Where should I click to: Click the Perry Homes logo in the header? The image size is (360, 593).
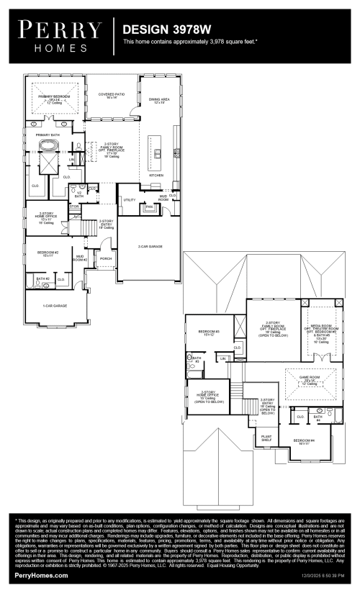[60, 36]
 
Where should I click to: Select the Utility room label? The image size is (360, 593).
[130, 199]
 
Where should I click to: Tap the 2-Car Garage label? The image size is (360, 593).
[150, 246]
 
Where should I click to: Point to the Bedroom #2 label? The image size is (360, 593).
[48, 253]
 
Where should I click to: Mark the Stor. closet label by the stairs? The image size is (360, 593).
[73, 207]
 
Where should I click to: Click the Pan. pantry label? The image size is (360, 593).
[149, 207]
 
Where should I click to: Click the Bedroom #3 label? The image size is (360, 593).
[207, 331]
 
